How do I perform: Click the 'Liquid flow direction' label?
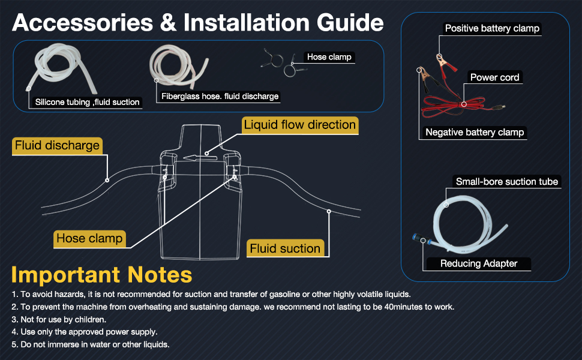[x=300, y=125]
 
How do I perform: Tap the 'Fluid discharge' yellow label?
[x=57, y=145]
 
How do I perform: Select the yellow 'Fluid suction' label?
[x=285, y=248]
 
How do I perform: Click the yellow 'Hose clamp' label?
[x=89, y=238]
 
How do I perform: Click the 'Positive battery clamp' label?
[x=492, y=28]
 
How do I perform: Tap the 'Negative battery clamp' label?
[x=475, y=132]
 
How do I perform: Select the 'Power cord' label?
[x=495, y=77]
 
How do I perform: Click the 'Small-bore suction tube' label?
[x=507, y=182]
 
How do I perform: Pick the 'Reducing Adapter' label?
[x=479, y=263]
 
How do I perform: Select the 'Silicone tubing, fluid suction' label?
[x=88, y=102]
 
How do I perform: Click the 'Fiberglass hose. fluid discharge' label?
[x=220, y=96]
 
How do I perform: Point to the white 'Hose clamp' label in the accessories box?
[x=329, y=57]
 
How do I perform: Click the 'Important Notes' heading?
[x=102, y=275]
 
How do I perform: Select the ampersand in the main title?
[x=168, y=23]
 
